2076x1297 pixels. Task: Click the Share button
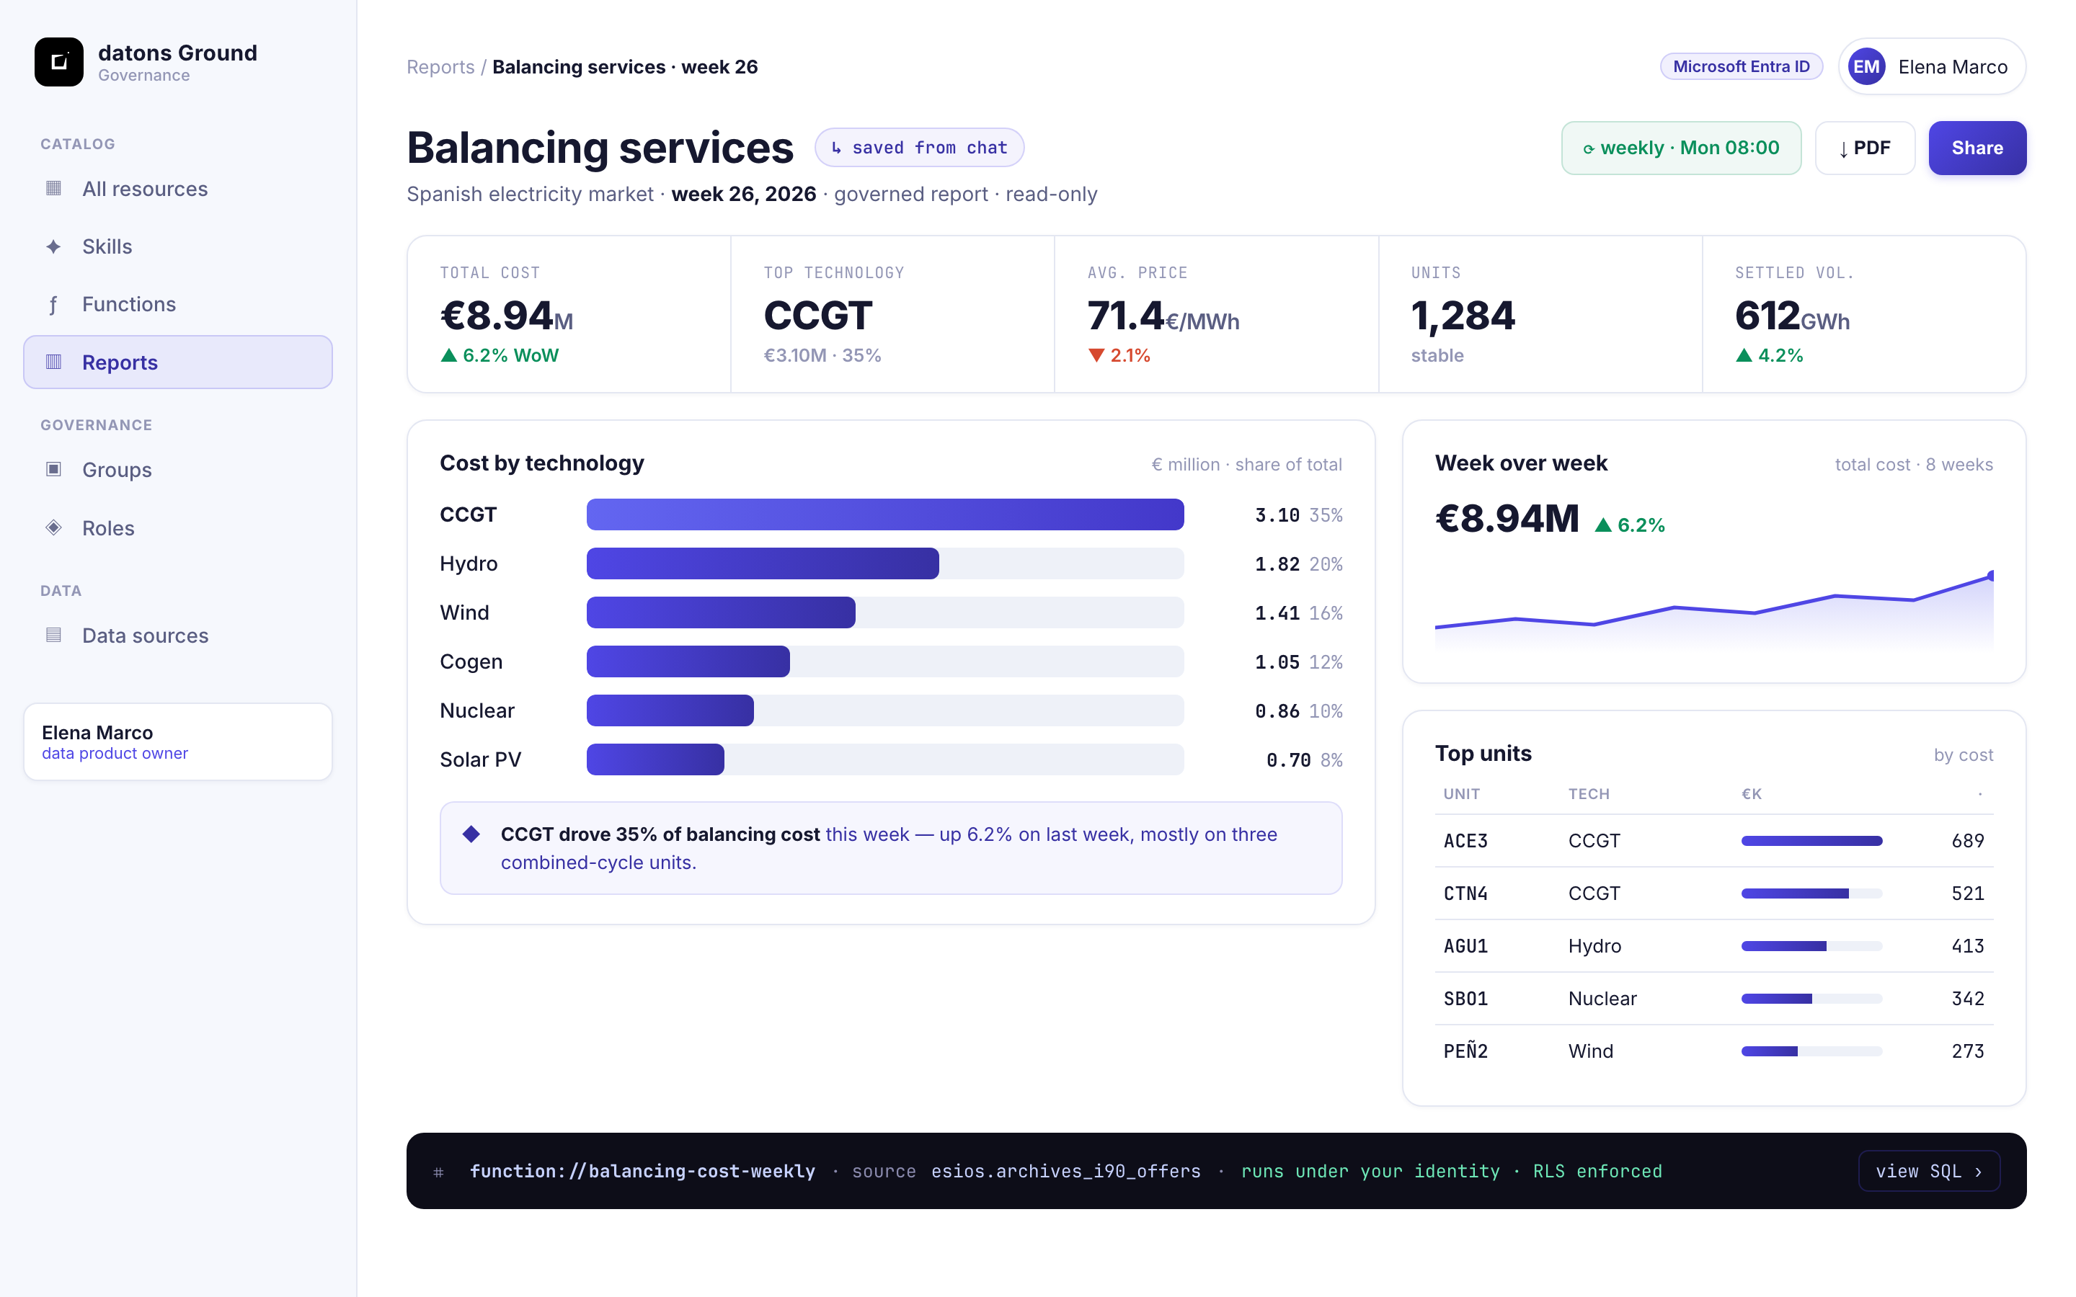1977,148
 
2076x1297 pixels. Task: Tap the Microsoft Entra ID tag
1741,67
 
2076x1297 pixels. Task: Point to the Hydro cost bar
763,563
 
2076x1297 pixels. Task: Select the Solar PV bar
655,759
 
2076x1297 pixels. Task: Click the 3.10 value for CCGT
1277,514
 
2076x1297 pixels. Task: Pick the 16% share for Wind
1326,612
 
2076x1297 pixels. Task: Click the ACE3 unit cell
1465,841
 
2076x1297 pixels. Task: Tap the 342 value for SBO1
1967,999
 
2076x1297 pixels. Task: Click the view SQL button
1928,1171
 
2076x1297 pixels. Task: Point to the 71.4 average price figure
1125,316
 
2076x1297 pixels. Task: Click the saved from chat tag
919,148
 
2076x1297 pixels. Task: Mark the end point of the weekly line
1991,576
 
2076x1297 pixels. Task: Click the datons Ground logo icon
59,62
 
